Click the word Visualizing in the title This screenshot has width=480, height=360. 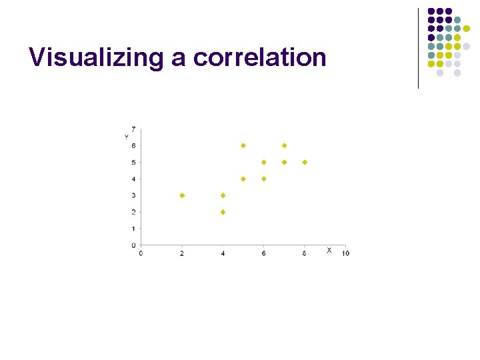coord(96,58)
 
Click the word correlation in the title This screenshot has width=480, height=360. coord(260,58)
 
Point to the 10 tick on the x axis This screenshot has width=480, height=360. coord(345,253)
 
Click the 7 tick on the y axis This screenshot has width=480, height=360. coord(133,129)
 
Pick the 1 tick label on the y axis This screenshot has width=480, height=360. coord(133,229)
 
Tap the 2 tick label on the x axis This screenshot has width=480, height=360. coord(182,253)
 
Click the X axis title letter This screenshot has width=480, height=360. coord(329,250)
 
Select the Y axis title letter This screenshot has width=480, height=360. coord(126,137)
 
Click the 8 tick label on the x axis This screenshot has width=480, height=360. coord(305,253)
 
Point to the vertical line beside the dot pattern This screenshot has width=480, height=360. coord(418,48)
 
